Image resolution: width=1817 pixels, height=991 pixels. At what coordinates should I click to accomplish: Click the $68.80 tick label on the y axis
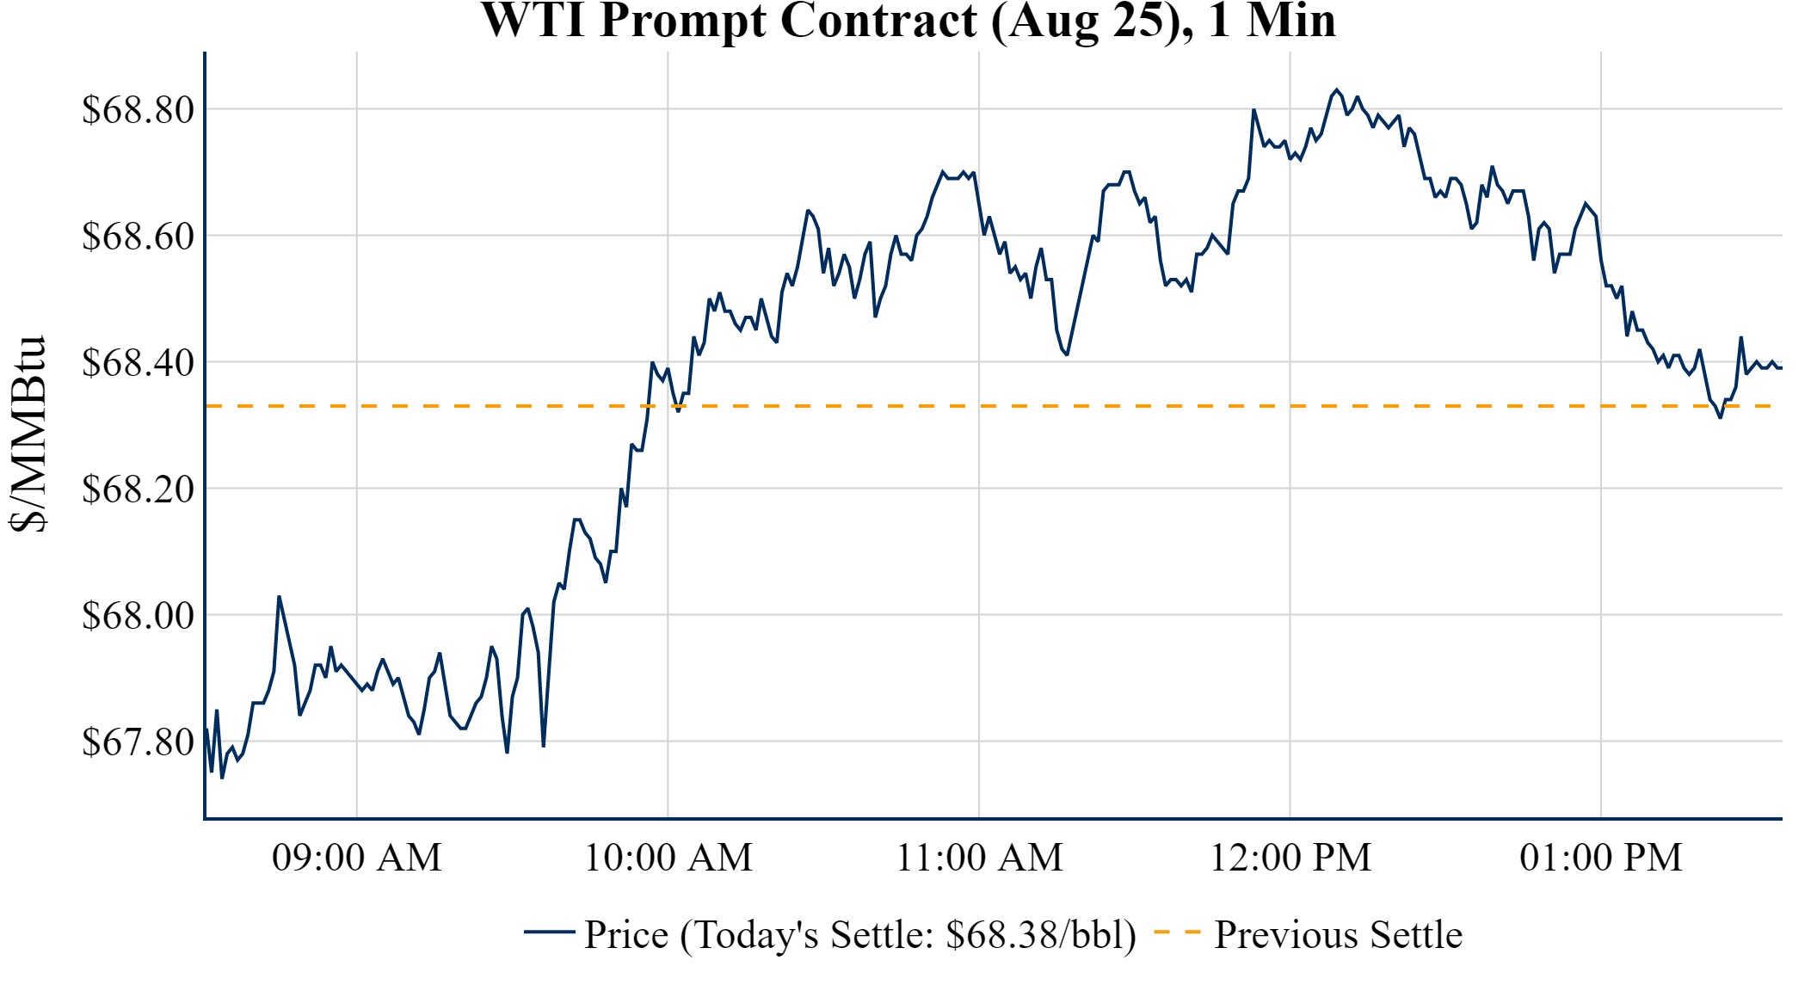click(138, 110)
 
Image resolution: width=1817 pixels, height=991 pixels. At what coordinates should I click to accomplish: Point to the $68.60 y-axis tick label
click(138, 236)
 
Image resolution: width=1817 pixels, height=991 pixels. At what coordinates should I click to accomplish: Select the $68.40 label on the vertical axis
click(138, 362)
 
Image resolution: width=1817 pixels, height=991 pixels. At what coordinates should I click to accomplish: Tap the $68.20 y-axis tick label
click(138, 489)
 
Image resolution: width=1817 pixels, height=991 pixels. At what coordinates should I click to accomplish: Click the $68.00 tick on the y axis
click(138, 615)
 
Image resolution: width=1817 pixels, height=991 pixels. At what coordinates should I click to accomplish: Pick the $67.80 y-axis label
click(138, 742)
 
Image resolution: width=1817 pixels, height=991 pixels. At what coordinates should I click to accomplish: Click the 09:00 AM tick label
click(357, 858)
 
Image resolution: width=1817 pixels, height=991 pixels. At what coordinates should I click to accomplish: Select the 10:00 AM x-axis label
click(668, 858)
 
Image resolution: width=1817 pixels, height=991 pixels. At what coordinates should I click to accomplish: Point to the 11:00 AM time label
click(980, 858)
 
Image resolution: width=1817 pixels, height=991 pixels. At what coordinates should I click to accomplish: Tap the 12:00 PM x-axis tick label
click(1290, 858)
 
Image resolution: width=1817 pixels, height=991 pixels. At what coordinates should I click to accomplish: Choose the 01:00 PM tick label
click(1601, 858)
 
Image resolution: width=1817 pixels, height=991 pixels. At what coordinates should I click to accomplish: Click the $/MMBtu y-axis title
click(28, 434)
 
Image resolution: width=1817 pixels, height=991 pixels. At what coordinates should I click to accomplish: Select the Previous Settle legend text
click(1338, 935)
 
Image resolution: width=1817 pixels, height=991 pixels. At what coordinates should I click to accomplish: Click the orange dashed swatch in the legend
click(1176, 932)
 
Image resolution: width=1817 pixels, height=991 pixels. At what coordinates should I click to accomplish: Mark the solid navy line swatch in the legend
click(549, 932)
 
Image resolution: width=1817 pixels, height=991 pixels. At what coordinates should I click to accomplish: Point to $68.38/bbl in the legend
click(1040, 935)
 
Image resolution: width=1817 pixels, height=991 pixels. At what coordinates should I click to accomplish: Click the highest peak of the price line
click(1337, 89)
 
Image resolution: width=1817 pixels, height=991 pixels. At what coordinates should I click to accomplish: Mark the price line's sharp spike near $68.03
click(279, 596)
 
